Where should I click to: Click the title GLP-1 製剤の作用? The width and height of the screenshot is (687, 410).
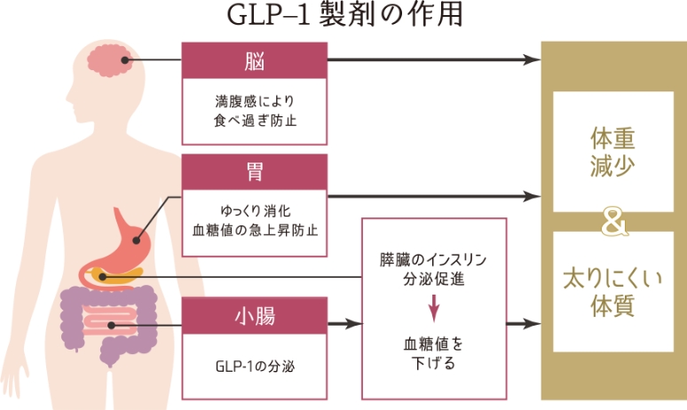pos(343,16)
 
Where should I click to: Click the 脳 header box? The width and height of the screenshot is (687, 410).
pos(255,59)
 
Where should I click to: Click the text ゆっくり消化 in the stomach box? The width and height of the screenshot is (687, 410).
pos(255,212)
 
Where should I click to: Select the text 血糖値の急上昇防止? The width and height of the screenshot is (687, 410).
pos(255,230)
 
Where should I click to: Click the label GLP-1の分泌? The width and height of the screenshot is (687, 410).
pos(255,367)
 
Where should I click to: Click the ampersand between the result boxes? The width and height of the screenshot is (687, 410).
pos(612,223)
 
